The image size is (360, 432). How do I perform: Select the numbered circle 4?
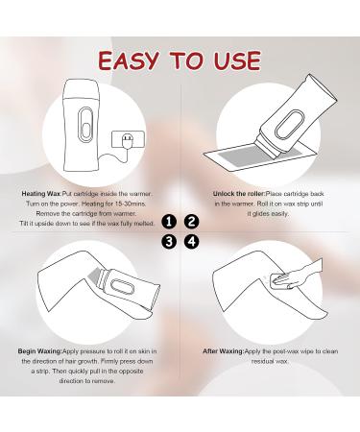click(x=191, y=241)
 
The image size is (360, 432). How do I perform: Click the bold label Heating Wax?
click(x=43, y=193)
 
